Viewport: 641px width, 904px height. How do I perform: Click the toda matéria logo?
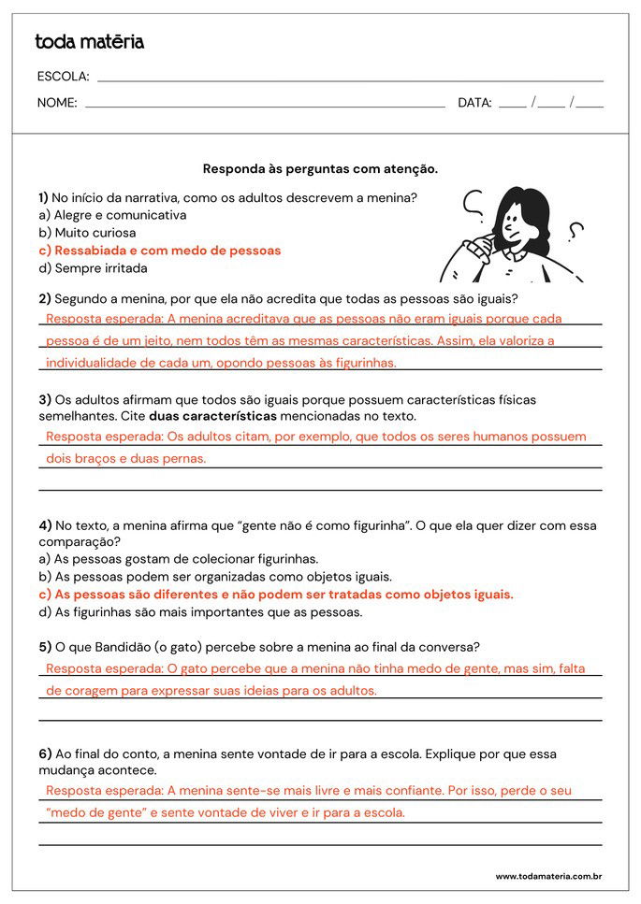89,42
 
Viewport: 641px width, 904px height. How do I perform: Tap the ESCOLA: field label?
63,77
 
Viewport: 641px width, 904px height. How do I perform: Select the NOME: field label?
57,103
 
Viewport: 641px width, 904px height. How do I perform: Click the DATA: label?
474,103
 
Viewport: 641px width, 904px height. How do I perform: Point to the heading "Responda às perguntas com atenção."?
320,169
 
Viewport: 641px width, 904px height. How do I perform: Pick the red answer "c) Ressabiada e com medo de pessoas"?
160,251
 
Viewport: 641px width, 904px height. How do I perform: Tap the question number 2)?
45,299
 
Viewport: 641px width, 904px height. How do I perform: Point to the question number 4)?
45,525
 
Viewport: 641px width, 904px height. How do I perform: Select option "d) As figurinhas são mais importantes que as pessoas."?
200,612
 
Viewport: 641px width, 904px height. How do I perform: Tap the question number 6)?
45,753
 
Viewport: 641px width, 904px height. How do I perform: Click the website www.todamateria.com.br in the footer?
547,876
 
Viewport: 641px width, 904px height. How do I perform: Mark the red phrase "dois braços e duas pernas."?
125,458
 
